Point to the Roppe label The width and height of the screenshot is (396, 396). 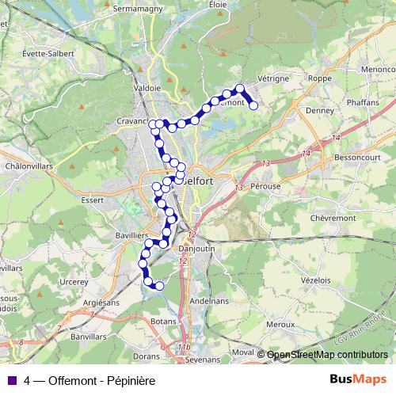pyautogui.click(x=319, y=79)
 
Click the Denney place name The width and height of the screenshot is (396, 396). pyautogui.click(x=319, y=111)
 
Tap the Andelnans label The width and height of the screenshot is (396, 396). pyautogui.click(x=210, y=301)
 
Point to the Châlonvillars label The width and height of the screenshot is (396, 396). pyautogui.click(x=29, y=166)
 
